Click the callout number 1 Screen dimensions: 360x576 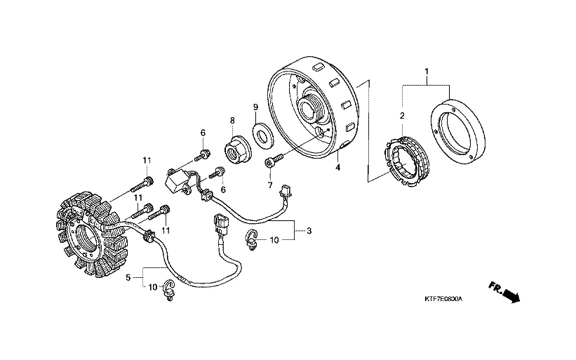[x=427, y=71]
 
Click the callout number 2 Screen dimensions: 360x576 [x=403, y=116]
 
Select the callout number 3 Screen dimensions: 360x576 [x=309, y=229]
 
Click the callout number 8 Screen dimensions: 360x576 [x=232, y=121]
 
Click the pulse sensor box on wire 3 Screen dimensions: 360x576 [x=178, y=179]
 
